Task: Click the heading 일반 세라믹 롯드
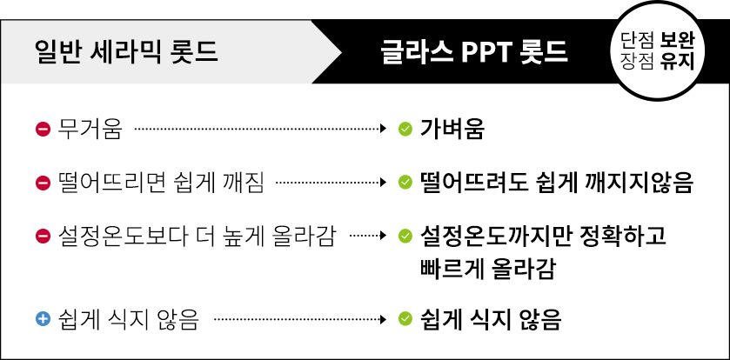127,52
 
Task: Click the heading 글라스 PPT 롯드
474,52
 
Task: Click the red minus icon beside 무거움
43,129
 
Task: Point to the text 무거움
90,130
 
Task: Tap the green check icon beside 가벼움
405,129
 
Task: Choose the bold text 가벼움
452,130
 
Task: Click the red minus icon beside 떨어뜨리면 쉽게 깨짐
43,183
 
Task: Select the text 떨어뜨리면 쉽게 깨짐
161,183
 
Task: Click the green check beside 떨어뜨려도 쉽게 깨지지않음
405,183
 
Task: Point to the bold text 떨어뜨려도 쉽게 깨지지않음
556,183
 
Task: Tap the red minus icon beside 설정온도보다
43,237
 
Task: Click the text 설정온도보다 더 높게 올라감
196,237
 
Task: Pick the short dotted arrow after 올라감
368,236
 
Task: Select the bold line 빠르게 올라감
487,270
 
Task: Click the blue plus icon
43,319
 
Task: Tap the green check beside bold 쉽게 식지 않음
405,319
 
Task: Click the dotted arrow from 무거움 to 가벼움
261,129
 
